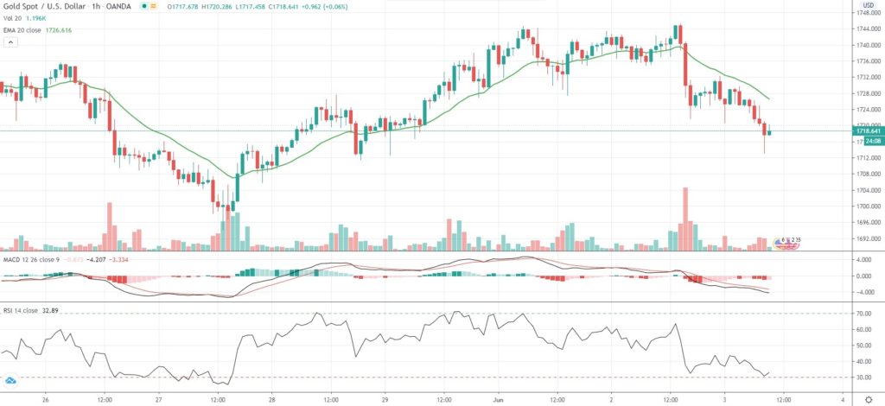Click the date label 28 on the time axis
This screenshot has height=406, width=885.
tap(272, 401)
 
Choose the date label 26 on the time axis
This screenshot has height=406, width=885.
tap(45, 401)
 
